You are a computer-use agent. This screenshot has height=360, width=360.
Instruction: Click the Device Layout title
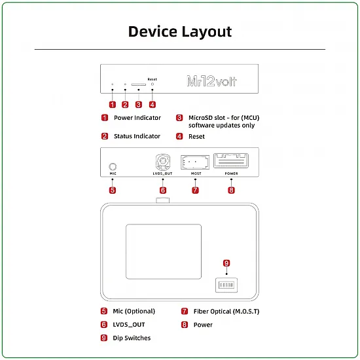[179, 31]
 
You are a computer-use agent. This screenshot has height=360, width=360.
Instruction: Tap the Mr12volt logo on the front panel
[212, 82]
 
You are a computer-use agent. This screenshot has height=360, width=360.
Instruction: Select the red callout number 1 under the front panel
[113, 104]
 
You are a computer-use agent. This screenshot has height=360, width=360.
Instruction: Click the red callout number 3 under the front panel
[139, 104]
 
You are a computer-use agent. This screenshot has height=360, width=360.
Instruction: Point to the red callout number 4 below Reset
[153, 104]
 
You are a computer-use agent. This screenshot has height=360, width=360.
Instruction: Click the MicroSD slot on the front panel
[138, 84]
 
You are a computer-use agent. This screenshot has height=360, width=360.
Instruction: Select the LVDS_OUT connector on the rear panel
[162, 162]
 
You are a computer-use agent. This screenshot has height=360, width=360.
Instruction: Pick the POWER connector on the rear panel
[231, 161]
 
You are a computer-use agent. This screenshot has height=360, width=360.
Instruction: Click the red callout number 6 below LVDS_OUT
[163, 190]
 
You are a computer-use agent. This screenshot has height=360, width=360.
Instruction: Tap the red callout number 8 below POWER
[231, 190]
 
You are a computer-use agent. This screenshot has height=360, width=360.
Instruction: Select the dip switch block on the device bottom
[226, 285]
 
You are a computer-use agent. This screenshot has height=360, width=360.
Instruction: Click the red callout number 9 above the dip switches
[226, 263]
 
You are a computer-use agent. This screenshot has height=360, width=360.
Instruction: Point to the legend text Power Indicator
[137, 118]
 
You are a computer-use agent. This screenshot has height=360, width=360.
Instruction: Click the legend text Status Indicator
[137, 136]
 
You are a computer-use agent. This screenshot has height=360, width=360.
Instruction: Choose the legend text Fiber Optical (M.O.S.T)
[226, 312]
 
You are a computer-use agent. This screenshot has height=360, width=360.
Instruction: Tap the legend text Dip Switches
[132, 338]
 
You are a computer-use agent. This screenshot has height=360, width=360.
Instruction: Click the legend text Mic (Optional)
[134, 312]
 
